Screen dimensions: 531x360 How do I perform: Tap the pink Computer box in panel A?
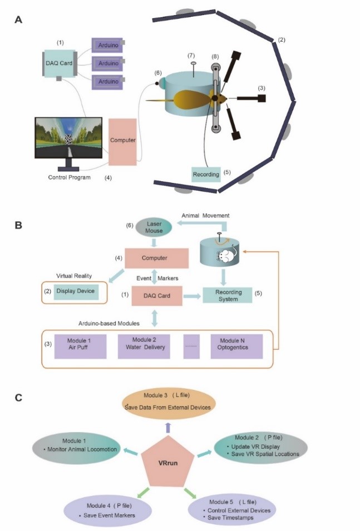coord(122,141)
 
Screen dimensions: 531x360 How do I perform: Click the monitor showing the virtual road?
coord(68,140)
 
